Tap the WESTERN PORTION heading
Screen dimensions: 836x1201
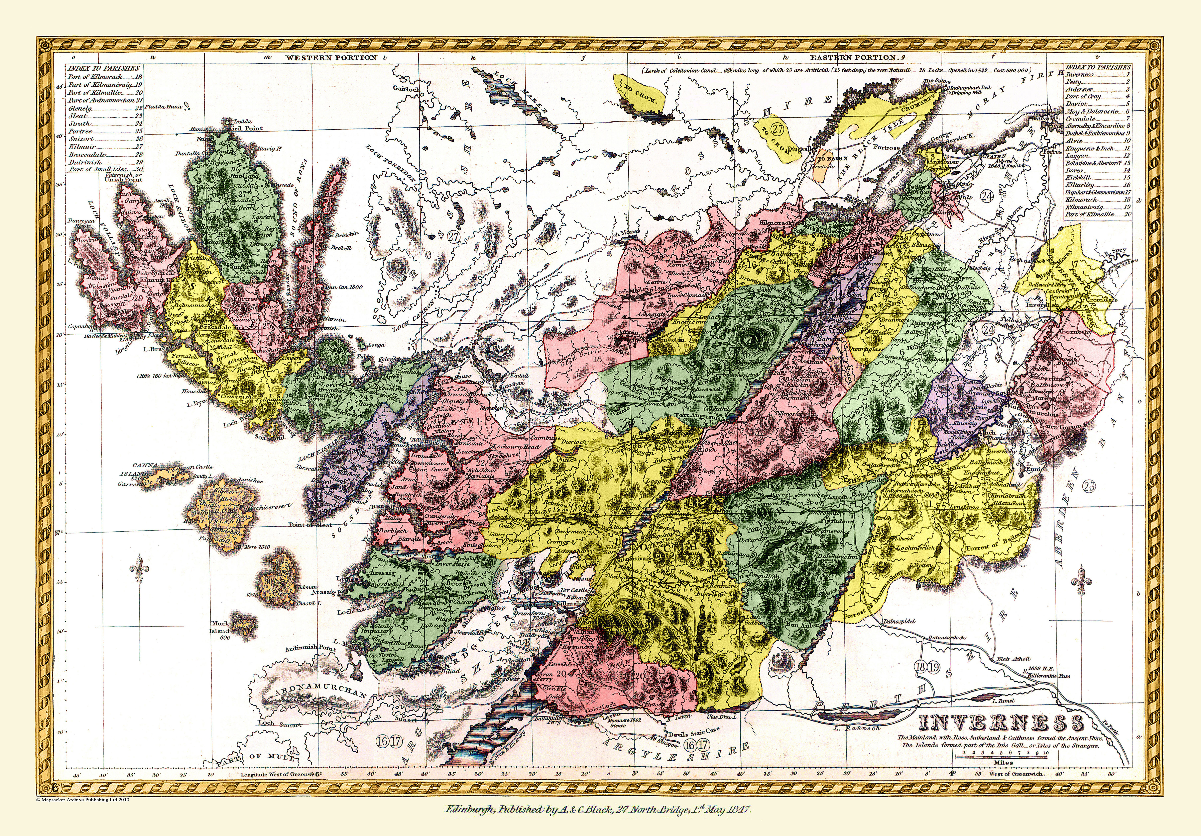[331, 58]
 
